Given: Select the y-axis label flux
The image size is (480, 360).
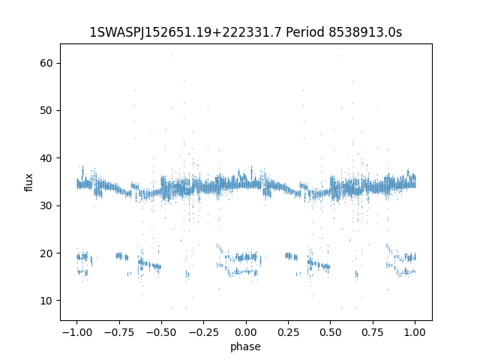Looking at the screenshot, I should pyautogui.click(x=29, y=182).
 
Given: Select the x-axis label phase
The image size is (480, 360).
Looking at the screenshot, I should pyautogui.click(x=245, y=346).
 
